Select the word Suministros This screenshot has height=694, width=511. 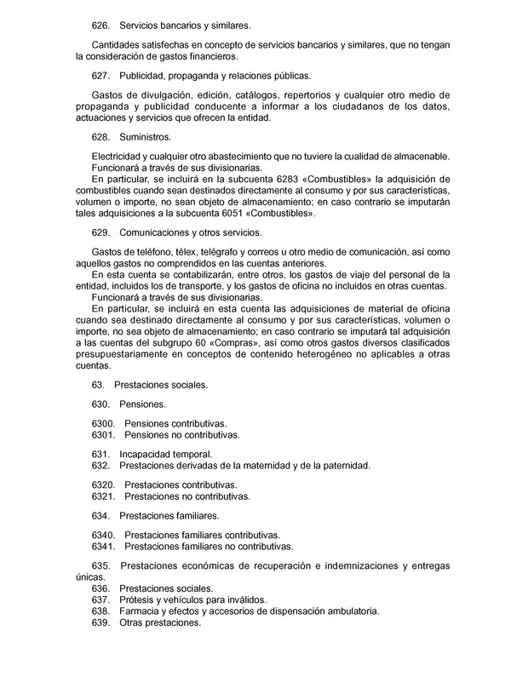point(146,136)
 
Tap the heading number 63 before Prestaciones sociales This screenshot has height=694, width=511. point(97,384)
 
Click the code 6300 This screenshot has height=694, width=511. point(102,422)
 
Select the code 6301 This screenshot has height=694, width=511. point(102,434)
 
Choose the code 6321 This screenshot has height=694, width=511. point(102,496)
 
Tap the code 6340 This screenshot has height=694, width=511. point(102,534)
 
